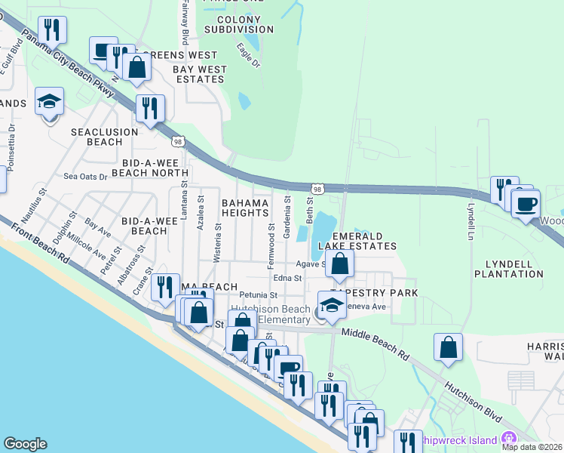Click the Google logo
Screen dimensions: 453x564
tap(25, 444)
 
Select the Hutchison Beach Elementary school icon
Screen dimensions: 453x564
tap(331, 307)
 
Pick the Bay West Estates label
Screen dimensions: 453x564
tap(200, 74)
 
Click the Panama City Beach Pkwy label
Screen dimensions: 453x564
tap(69, 64)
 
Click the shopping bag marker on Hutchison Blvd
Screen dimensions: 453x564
tap(448, 349)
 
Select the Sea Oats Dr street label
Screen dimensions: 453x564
tap(85, 177)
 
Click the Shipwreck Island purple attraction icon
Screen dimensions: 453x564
tap(509, 438)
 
